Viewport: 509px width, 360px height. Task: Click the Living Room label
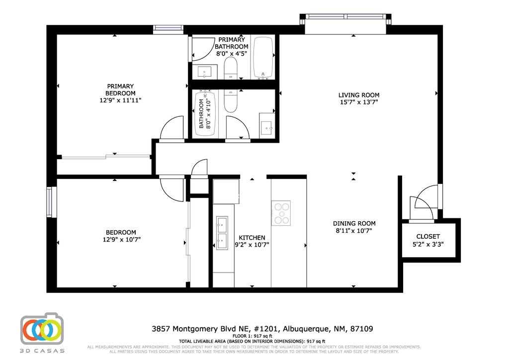click(358, 95)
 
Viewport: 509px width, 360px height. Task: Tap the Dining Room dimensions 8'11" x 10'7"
click(354, 231)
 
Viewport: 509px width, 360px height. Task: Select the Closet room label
click(428, 237)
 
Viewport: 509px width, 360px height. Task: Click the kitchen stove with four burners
click(281, 213)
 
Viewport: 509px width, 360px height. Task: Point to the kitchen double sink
click(222, 233)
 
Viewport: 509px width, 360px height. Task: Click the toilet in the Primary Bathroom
click(231, 68)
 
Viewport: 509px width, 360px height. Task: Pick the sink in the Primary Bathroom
click(205, 73)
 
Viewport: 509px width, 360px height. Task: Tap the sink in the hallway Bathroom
click(267, 127)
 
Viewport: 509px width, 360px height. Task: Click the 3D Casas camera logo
click(43, 329)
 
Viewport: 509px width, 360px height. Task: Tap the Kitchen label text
click(252, 238)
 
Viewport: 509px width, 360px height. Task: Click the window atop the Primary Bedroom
click(169, 29)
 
